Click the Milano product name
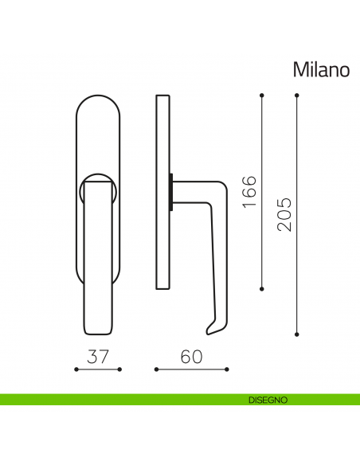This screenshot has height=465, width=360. click(321, 70)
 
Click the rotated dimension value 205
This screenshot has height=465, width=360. click(284, 213)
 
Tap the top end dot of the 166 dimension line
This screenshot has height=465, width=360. click(262, 96)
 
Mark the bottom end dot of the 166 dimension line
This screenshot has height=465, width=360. click(262, 288)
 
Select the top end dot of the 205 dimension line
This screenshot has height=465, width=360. click(297, 96)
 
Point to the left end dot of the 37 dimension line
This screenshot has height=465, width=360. click(75, 369)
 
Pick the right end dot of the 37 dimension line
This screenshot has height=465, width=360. click(119, 369)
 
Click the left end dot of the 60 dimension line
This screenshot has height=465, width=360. click(156, 369)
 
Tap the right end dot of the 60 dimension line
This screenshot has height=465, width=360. click(228, 369)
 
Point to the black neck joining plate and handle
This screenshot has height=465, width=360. click(170, 192)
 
